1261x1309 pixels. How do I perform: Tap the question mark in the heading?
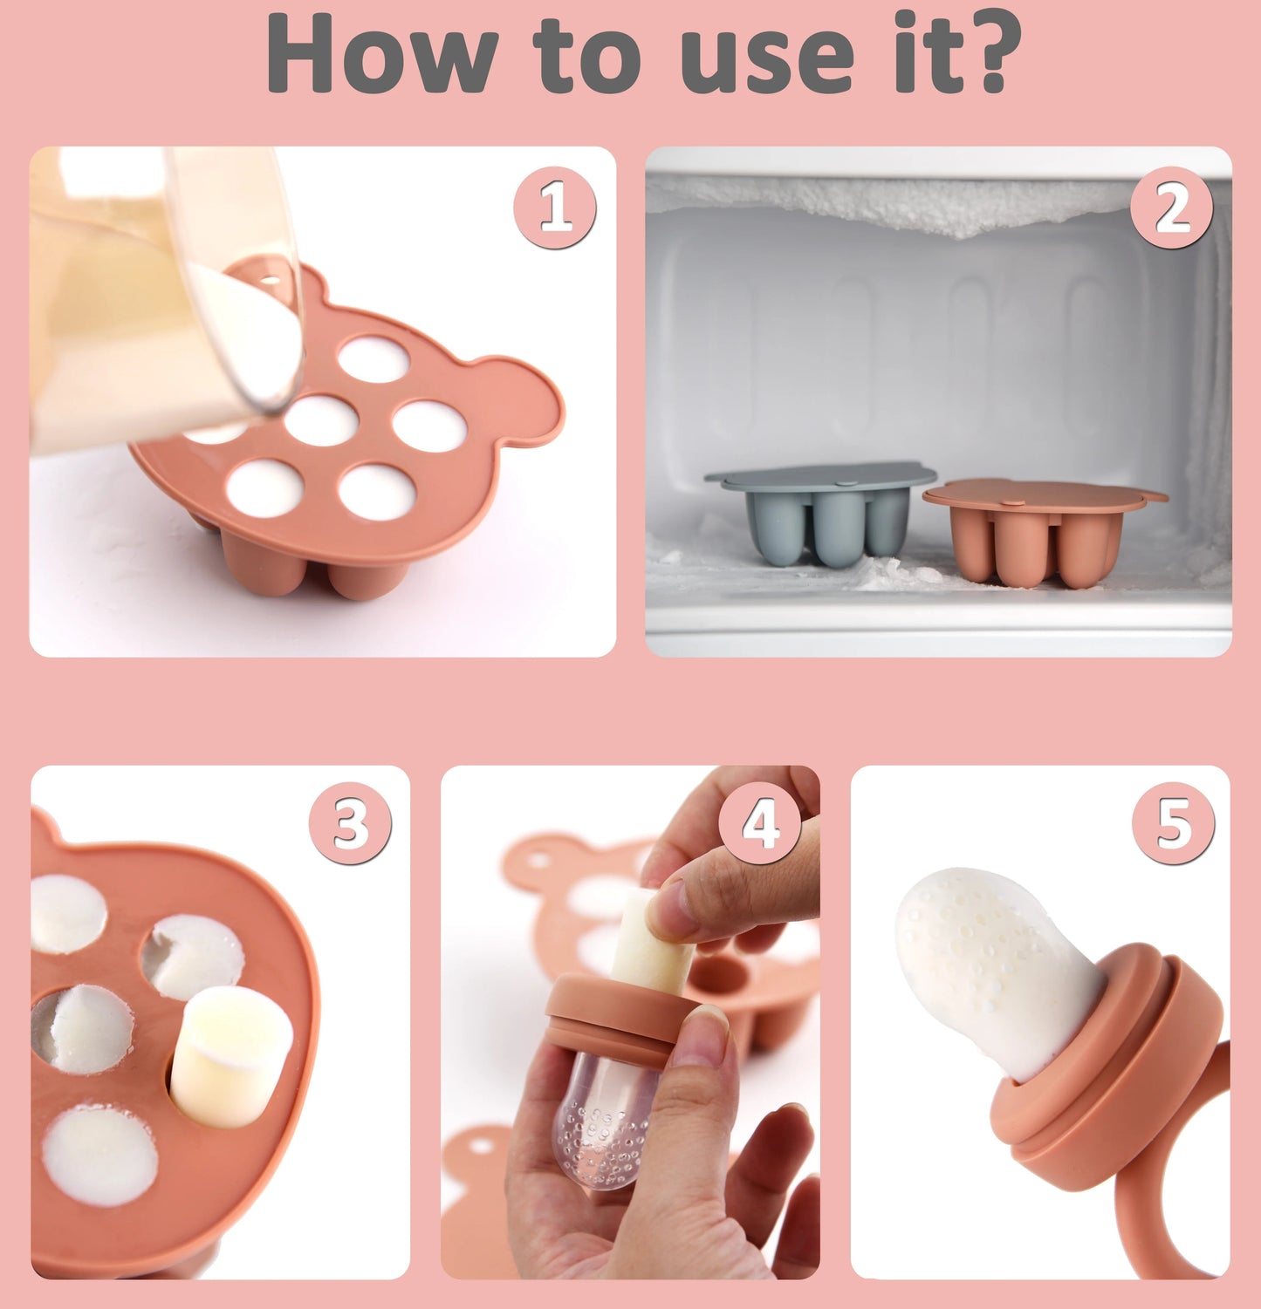coord(987,54)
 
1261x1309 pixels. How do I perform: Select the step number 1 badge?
coord(555,208)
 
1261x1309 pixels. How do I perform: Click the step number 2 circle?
coord(1172,208)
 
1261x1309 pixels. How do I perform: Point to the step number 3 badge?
coord(350,824)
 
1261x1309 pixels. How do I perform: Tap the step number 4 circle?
coord(760,824)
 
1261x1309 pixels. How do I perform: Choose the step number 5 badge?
coord(1173,824)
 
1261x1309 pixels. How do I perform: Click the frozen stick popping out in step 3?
coord(230,1055)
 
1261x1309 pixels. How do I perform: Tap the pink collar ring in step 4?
coord(625,1016)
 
